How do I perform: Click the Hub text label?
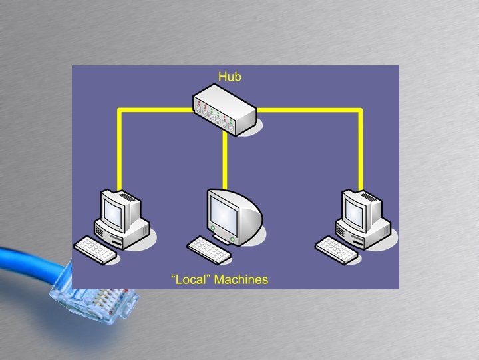(230, 77)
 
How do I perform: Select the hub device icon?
(225, 107)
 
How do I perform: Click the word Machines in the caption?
(241, 279)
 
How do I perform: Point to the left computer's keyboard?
(96, 248)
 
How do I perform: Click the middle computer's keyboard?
(208, 248)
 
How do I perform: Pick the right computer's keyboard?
(337, 248)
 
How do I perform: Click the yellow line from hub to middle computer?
(226, 160)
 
